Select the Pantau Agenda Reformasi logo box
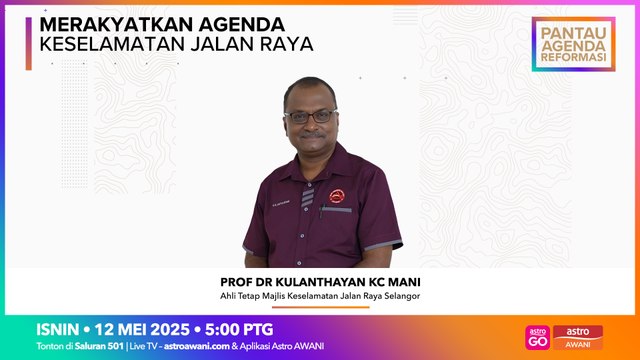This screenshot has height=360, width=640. click(573, 43)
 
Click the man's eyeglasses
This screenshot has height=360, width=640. click(311, 116)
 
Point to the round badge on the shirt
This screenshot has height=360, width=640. click(338, 197)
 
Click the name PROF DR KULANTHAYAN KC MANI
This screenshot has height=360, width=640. click(323, 282)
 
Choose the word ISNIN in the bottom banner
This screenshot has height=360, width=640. click(58, 329)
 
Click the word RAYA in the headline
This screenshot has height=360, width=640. click(283, 44)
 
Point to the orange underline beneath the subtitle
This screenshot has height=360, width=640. click(322, 307)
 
